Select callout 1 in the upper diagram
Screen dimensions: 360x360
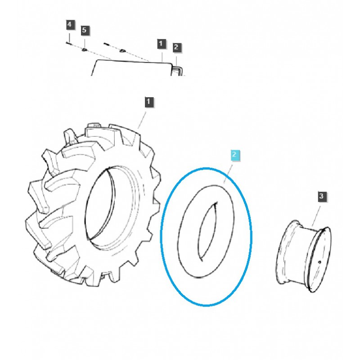[161, 43]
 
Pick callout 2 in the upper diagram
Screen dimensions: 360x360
[176, 47]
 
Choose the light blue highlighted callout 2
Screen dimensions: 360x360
[234, 155]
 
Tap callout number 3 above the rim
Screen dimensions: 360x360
[321, 196]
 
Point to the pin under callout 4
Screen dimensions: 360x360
[68, 43]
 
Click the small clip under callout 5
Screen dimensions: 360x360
[84, 49]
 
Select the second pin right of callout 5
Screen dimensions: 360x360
[107, 44]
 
